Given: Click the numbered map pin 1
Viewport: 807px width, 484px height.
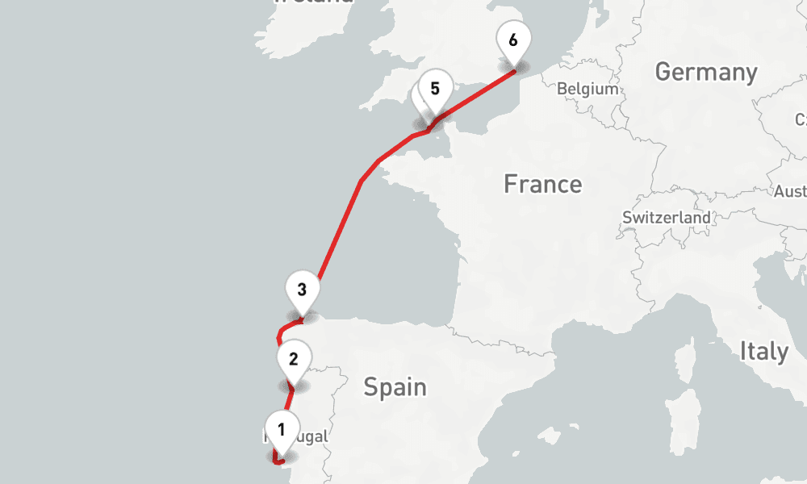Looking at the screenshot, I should [281, 430].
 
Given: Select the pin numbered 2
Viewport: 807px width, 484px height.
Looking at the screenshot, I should [293, 359].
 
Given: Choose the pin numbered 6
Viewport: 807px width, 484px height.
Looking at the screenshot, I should [514, 39].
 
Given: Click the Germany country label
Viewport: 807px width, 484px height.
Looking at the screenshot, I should [706, 73].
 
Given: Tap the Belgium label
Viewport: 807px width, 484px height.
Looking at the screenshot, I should [587, 89].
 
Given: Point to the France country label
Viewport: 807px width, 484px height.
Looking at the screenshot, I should [542, 184].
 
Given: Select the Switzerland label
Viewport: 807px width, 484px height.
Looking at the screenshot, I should [667, 218].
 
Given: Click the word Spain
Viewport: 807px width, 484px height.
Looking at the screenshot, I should [395, 387].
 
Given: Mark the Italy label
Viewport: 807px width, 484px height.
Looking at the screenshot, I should [763, 352].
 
